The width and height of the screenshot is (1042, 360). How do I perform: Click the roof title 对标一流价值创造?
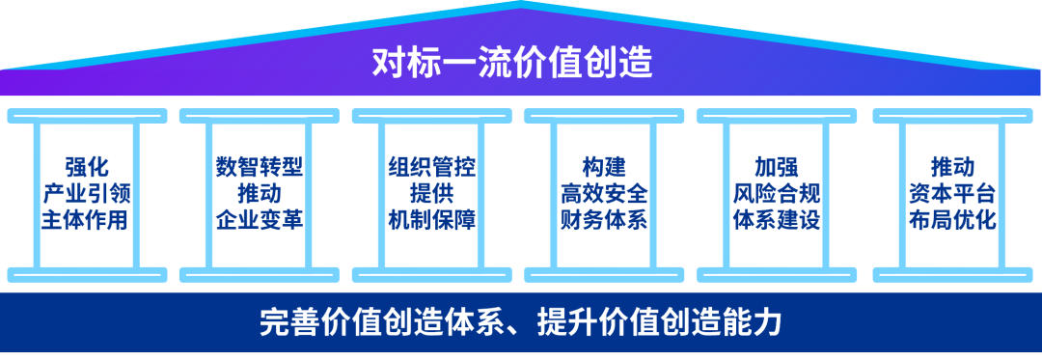pyautogui.click(x=512, y=64)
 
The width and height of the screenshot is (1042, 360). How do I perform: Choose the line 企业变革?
pyautogui.click(x=259, y=219)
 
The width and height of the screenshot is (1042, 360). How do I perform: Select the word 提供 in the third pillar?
pyautogui.click(x=431, y=193)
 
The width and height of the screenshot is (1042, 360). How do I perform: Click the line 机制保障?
pyautogui.click(x=431, y=219)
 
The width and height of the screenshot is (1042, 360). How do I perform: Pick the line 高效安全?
pyautogui.click(x=604, y=193)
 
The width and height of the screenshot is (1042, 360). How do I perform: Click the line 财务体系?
pyautogui.click(x=604, y=219)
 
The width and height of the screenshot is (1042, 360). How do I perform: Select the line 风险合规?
pyautogui.click(x=777, y=193)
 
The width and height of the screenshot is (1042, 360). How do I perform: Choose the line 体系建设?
pyautogui.click(x=777, y=219)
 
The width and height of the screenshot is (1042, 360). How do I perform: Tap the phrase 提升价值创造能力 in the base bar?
pyautogui.click(x=658, y=321)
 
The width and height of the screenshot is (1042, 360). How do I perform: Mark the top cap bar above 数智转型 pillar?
pyautogui.click(x=259, y=116)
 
